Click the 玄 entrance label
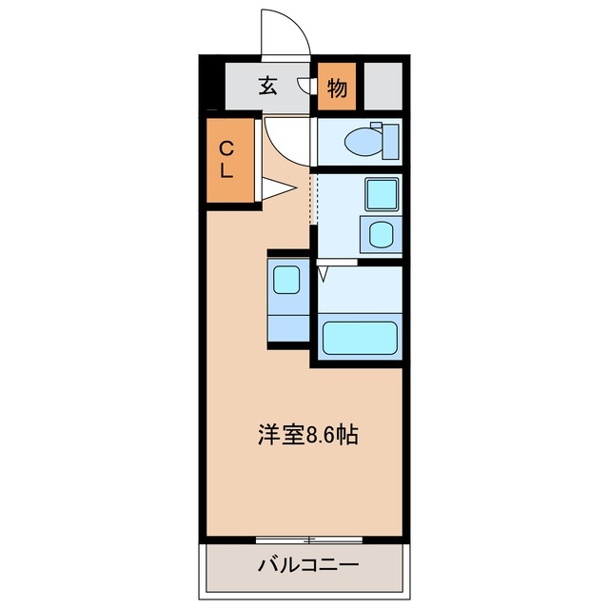(267, 87)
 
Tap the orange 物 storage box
(336, 88)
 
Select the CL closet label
(227, 160)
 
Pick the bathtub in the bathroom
(359, 337)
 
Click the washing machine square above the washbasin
(382, 194)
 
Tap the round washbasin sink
(381, 233)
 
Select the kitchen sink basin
(286, 279)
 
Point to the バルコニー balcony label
(308, 565)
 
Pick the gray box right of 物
(383, 88)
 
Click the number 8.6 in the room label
(323, 436)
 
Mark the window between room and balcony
(308, 540)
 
